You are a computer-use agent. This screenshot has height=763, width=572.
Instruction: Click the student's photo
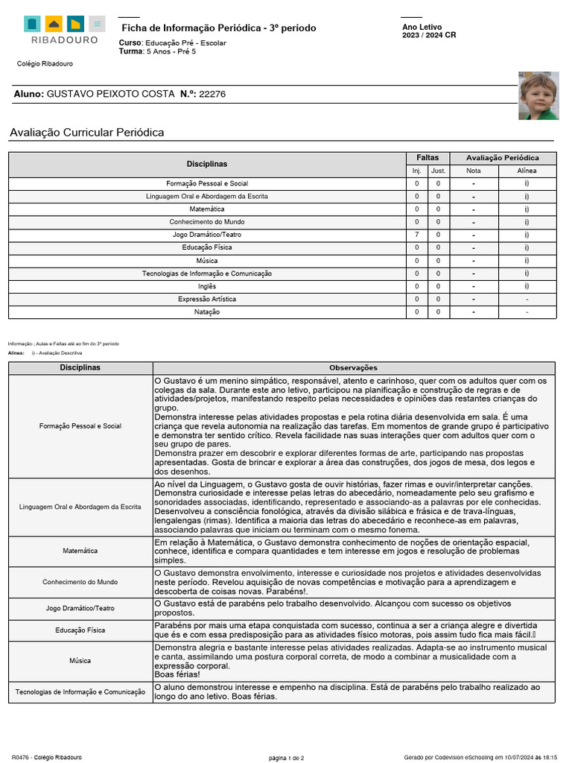pyautogui.click(x=538, y=95)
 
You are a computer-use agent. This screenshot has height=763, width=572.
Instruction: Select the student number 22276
pyautogui.click(x=212, y=94)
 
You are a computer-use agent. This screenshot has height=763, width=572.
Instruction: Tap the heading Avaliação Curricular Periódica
pyautogui.click(x=87, y=133)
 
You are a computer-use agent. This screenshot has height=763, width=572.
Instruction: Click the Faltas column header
pyautogui.click(x=428, y=158)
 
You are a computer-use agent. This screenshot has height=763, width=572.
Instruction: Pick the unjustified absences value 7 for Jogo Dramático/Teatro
pyautogui.click(x=417, y=235)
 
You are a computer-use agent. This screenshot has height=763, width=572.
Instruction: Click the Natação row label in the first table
pyautogui.click(x=207, y=312)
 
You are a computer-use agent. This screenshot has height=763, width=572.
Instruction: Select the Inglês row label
pyautogui.click(x=207, y=286)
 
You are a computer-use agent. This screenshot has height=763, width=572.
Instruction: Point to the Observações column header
pyautogui.click(x=353, y=368)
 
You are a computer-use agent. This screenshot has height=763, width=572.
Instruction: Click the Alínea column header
pyautogui.click(x=527, y=171)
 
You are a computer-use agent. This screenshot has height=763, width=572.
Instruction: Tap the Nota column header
pyautogui.click(x=474, y=171)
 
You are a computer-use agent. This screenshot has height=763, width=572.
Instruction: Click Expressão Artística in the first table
pyautogui.click(x=207, y=299)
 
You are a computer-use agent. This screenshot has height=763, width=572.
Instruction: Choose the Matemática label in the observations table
pyautogui.click(x=80, y=551)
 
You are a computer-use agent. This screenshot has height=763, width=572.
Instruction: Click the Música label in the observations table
pyautogui.click(x=80, y=661)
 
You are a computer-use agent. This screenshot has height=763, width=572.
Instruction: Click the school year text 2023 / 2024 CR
pyautogui.click(x=429, y=35)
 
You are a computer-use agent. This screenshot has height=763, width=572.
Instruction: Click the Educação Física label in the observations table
pyautogui.click(x=80, y=630)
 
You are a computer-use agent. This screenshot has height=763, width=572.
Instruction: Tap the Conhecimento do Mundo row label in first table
pyautogui.click(x=207, y=222)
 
